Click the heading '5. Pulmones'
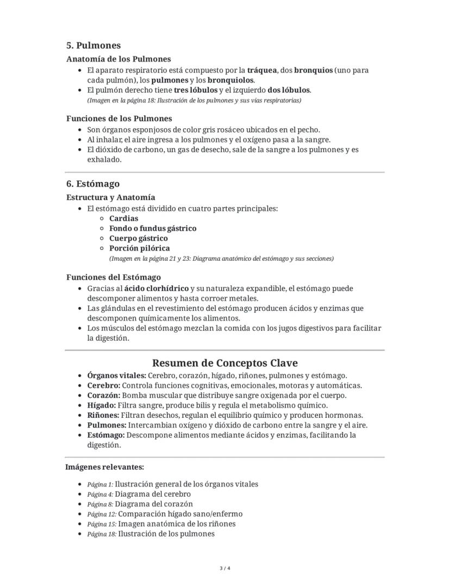[93, 46]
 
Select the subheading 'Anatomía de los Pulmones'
[118, 59]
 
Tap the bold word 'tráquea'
[262, 70]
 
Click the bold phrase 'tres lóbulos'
[195, 90]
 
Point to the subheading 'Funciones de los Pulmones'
[119, 118]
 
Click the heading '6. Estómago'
[92, 184]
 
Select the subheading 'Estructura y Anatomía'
[110, 197]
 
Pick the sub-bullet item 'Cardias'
[123, 218]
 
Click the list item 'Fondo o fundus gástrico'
[153, 228]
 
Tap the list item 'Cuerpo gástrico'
[138, 238]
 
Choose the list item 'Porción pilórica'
[139, 248]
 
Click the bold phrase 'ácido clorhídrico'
[156, 288]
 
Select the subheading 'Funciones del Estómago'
[113, 277]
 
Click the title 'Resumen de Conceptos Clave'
[224, 363]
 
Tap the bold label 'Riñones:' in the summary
[103, 415]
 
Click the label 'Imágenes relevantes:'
[104, 467]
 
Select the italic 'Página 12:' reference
[102, 514]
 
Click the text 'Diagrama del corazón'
[154, 504]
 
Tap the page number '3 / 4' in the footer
[224, 568]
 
